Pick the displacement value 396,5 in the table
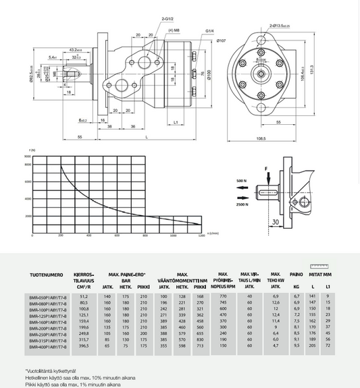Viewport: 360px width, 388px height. coord(84,346)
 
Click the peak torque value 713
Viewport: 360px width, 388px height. coord(200,346)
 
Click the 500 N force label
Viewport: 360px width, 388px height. coord(242,182)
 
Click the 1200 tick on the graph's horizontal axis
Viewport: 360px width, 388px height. coord(201,236)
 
